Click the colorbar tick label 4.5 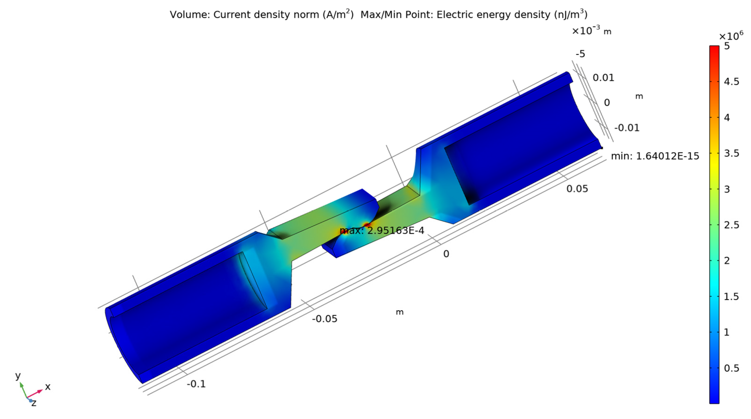(x=732, y=82)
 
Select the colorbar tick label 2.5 (x=732, y=225)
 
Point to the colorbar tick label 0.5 (x=732, y=368)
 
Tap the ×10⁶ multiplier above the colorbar (x=731, y=36)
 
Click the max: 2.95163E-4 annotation (x=382, y=230)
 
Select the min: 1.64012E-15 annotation (x=655, y=156)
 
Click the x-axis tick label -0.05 (x=324, y=319)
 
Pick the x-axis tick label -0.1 (x=196, y=384)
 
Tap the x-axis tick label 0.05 (x=577, y=189)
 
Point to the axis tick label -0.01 (x=627, y=128)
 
